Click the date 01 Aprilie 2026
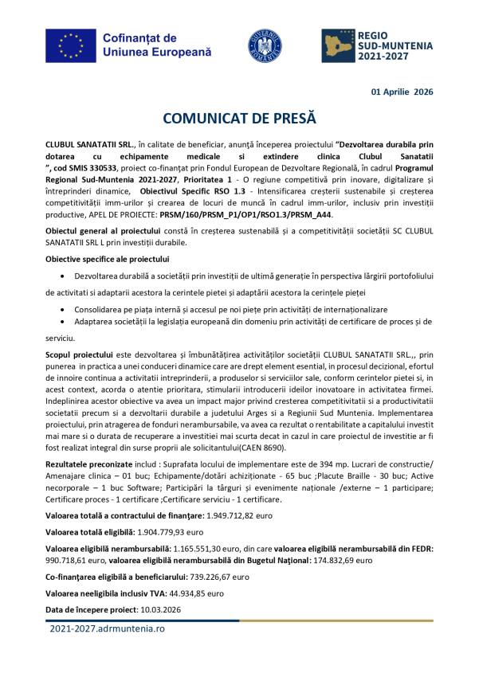pos(402,92)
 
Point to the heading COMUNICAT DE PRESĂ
pos(239,118)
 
